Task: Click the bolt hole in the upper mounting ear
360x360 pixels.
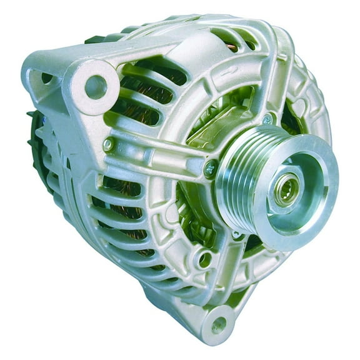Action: click(96, 87)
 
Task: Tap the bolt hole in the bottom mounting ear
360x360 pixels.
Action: click(218, 325)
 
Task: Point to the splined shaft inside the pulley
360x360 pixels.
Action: click(289, 186)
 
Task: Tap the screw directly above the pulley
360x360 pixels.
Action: click(267, 119)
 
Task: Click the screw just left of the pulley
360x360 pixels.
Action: click(211, 167)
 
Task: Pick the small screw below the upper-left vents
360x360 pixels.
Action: click(107, 144)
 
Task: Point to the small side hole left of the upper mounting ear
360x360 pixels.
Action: click(46, 79)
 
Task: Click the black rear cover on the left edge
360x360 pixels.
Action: click(34, 150)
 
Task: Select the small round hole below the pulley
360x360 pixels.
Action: click(206, 256)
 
